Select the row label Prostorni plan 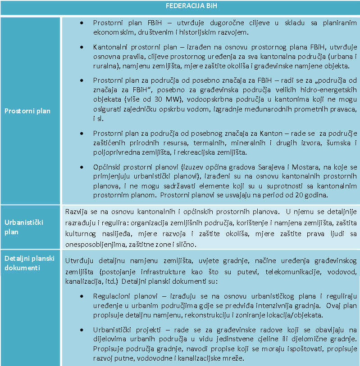(x=27, y=111)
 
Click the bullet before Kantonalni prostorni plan (x=81, y=47)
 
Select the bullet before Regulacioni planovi (x=81, y=296)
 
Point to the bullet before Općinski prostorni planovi (x=81, y=167)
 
